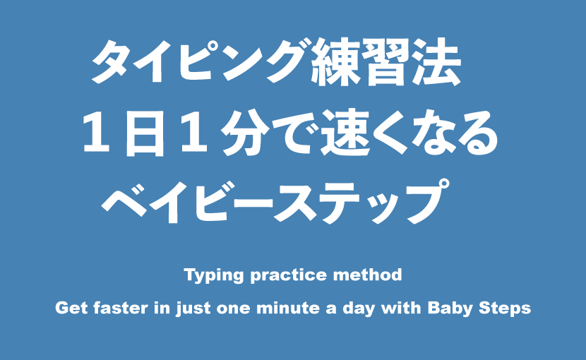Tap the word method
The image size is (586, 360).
pos(368,275)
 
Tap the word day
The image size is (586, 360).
pos(359,308)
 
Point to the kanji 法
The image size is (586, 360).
pos(437,62)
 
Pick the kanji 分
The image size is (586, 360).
pos(245,133)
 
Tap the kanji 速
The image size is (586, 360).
pos(346,133)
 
